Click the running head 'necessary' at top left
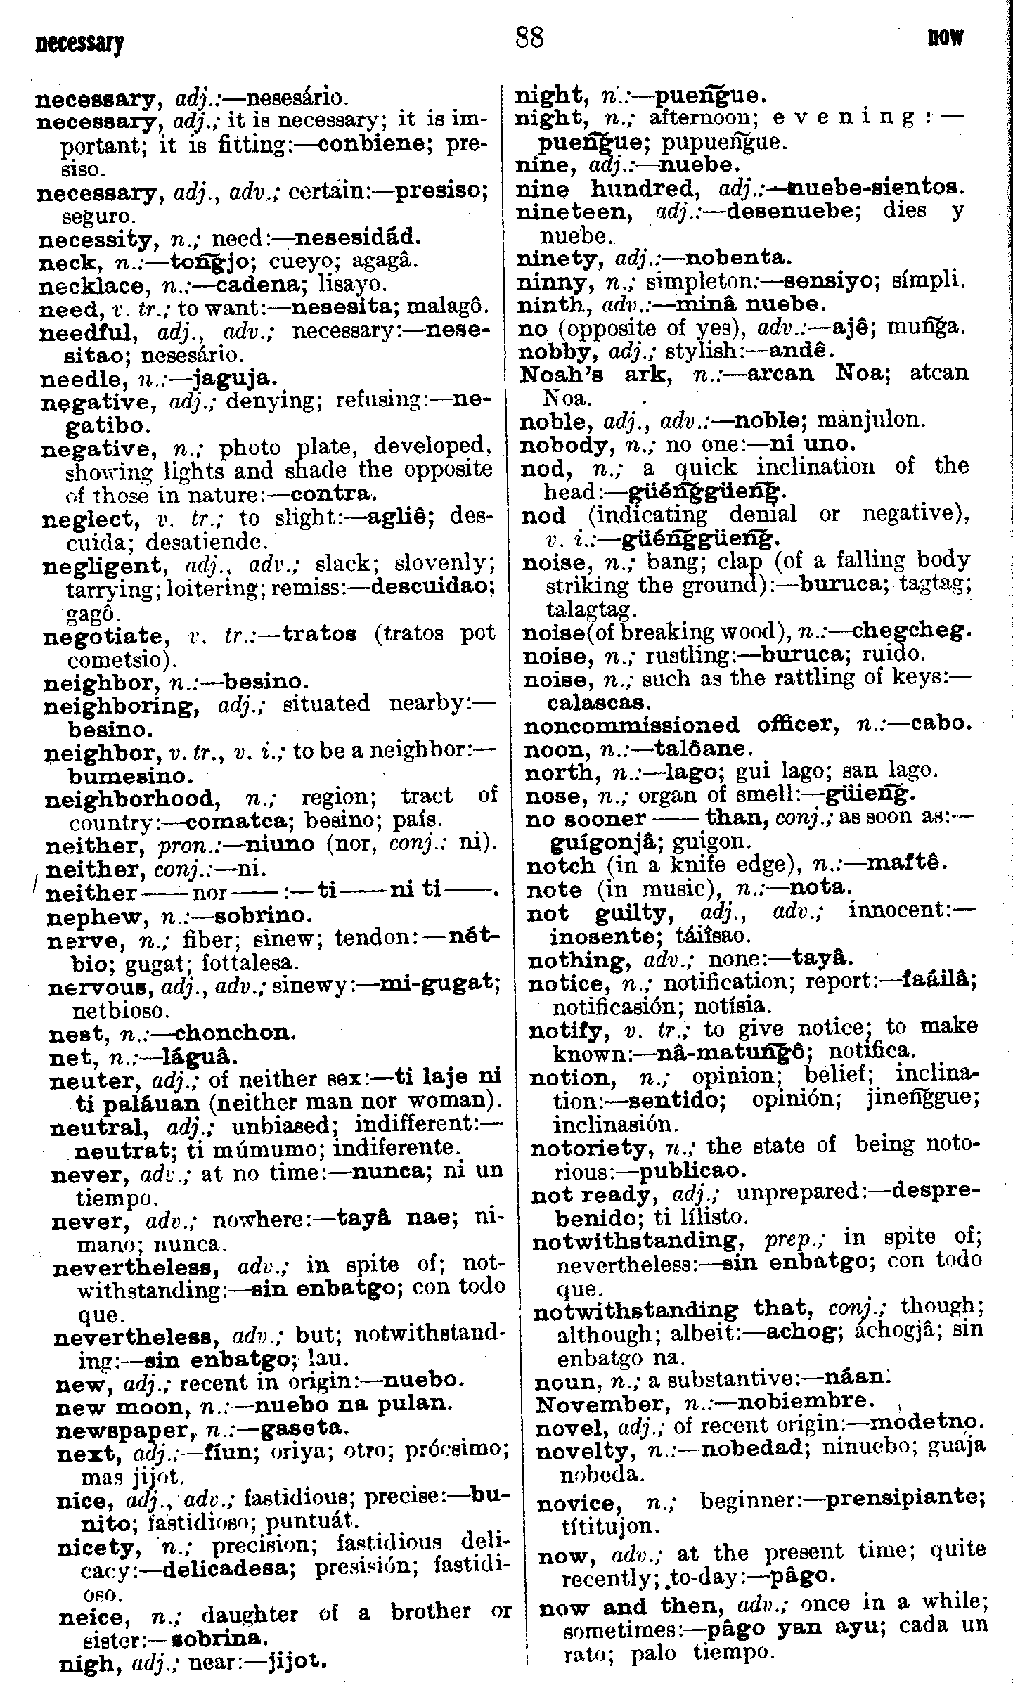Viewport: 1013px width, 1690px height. tap(79, 44)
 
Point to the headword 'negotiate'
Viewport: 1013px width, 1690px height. tap(103, 637)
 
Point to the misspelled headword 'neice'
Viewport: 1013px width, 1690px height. tap(93, 1597)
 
